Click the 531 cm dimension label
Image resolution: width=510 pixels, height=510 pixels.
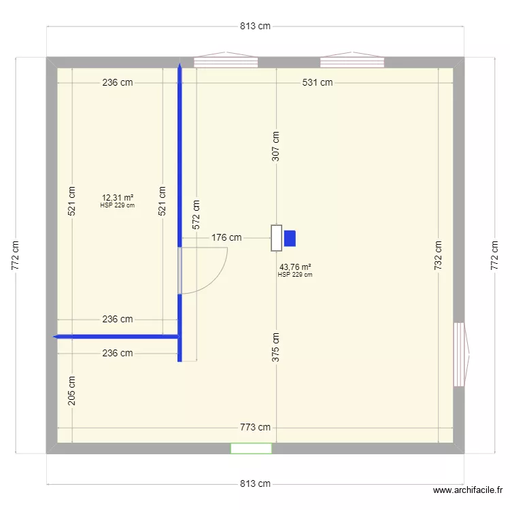(318, 83)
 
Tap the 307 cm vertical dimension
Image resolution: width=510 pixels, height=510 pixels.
(275, 146)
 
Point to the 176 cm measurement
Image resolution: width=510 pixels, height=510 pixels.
(226, 238)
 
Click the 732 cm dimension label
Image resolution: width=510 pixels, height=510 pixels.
(439, 256)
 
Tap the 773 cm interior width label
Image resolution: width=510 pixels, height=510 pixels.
(255, 428)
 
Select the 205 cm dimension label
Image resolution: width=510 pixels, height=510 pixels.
(71, 391)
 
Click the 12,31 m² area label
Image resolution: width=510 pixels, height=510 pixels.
(117, 198)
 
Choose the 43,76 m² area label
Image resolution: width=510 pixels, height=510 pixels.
(295, 267)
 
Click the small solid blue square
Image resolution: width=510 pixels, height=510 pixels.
(290, 239)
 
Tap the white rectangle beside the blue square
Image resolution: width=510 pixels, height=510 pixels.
(276, 238)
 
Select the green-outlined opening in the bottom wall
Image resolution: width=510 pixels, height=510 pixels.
(251, 448)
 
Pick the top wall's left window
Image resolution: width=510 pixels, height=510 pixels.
(226, 62)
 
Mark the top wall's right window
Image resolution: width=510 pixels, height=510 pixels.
(352, 62)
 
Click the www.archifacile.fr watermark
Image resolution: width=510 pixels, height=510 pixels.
(468, 490)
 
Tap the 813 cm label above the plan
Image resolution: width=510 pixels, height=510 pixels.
(255, 27)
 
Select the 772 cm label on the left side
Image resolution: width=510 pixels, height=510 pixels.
(16, 256)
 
